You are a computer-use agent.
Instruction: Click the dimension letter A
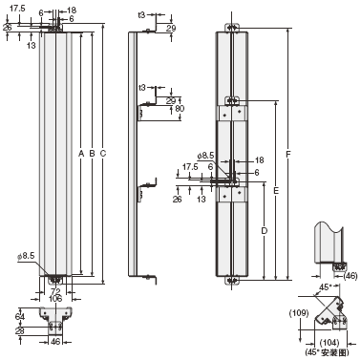pyautogui.click(x=81, y=154)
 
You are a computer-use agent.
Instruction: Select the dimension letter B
pyautogui.click(x=92, y=154)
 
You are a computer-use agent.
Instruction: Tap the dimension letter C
pyautogui.click(x=103, y=154)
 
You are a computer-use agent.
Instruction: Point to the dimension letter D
pyautogui.click(x=264, y=231)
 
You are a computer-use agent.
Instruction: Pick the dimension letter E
pyautogui.click(x=276, y=191)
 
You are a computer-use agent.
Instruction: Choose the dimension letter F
pyautogui.click(x=288, y=155)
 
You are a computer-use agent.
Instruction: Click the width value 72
pyautogui.click(x=55, y=290)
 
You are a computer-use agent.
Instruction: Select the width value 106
pyautogui.click(x=55, y=299)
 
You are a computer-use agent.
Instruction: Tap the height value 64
pyautogui.click(x=20, y=317)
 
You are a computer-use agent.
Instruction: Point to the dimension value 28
pyautogui.click(x=20, y=330)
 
